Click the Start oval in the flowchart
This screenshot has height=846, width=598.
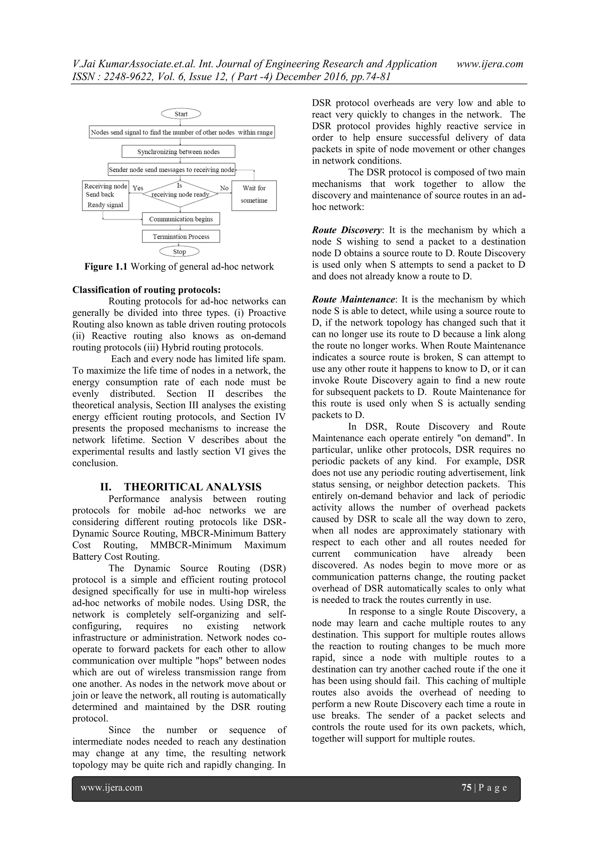point(181,114)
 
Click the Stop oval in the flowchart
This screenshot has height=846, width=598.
point(179,252)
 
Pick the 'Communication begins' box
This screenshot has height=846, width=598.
point(181,219)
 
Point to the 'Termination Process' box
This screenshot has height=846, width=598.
point(181,236)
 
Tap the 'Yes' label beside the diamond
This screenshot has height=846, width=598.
point(138,188)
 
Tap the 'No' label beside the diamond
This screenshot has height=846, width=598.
point(224,188)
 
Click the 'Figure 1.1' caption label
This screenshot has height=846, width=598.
point(106,267)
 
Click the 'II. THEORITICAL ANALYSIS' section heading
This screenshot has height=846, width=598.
point(180,487)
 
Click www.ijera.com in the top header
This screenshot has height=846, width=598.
point(489,64)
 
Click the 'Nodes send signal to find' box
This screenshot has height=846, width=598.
point(182,132)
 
